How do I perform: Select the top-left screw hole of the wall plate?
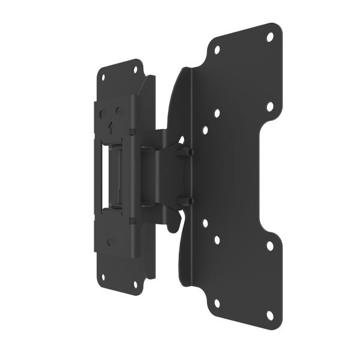102,78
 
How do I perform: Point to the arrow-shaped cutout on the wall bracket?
110,127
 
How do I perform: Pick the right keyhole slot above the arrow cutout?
119,110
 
